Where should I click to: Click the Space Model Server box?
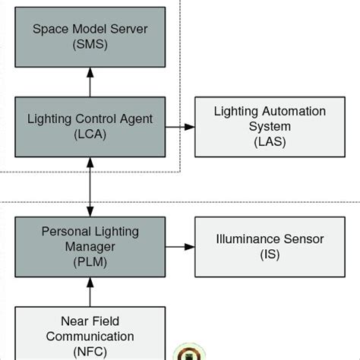pyautogui.click(x=90, y=37)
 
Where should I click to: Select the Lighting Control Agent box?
pyautogui.click(x=90, y=126)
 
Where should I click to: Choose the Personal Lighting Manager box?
pyautogui.click(x=90, y=246)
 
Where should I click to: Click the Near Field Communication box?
pyautogui.click(x=90, y=333)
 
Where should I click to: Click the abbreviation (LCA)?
pyautogui.click(x=90, y=134)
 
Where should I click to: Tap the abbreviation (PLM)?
pyautogui.click(x=90, y=262)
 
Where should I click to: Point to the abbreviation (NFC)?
pyautogui.click(x=90, y=352)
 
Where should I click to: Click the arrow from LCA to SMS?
pyautogui.click(x=90, y=81)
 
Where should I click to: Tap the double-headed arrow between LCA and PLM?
pyautogui.click(x=90, y=186)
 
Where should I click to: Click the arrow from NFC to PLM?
pyautogui.click(x=90, y=292)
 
